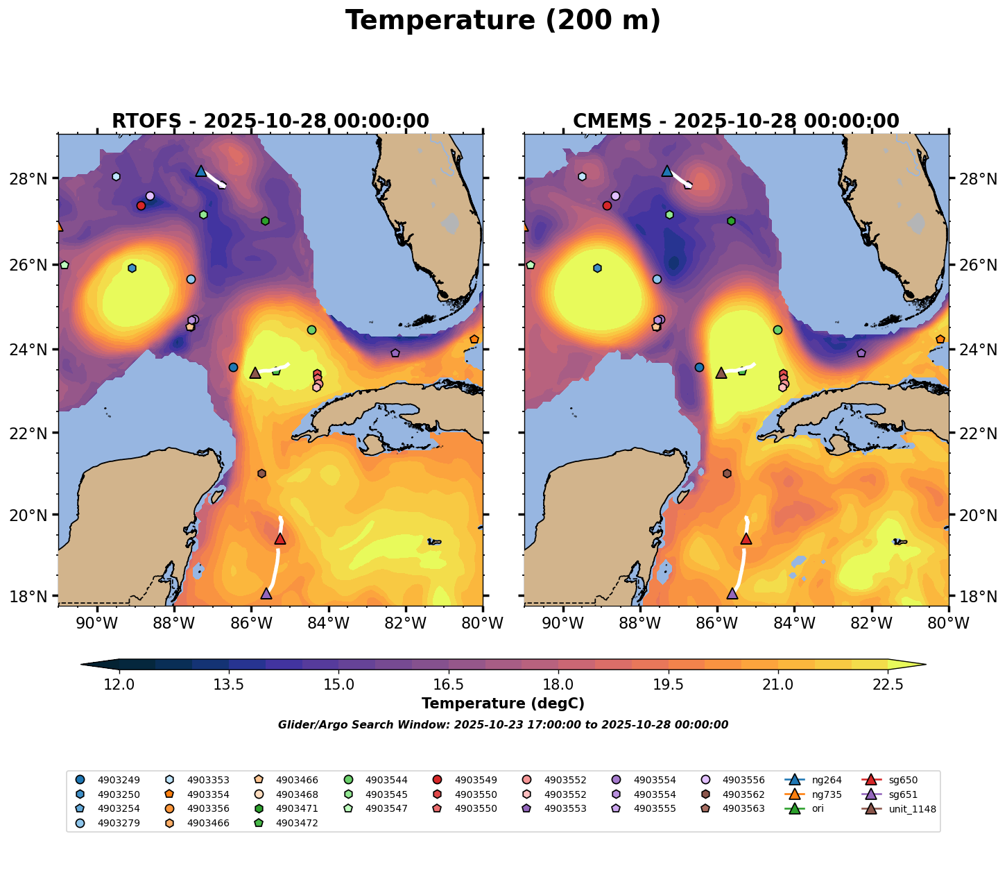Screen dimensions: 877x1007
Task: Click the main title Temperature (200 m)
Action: coord(503,21)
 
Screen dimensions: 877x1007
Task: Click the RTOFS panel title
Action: coord(270,121)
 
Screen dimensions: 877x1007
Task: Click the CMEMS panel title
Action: coord(736,121)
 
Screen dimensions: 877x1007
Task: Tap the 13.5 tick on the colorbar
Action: coord(229,685)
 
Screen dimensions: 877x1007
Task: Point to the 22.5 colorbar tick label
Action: coord(888,685)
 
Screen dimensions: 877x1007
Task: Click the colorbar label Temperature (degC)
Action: coord(503,704)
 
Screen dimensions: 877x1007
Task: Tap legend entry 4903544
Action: coord(386,780)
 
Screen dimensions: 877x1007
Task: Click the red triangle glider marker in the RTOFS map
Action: coord(280,539)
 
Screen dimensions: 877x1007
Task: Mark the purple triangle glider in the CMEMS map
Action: coord(732,593)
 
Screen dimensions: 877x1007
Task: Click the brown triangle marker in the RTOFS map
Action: coord(255,373)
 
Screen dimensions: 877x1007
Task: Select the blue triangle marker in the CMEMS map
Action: coord(667,171)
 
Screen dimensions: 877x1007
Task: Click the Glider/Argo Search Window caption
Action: coord(503,725)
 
